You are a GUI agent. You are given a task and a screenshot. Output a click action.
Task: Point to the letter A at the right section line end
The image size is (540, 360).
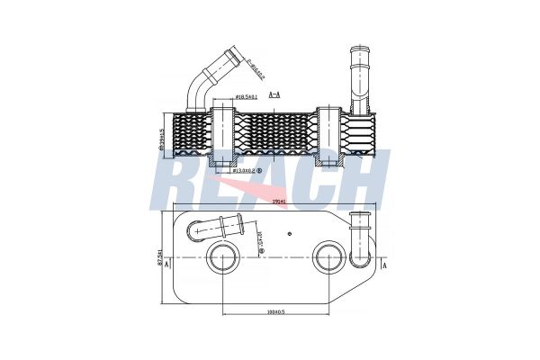pos(385,266)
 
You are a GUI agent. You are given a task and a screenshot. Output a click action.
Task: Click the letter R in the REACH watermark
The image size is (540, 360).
pos(179,180)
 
